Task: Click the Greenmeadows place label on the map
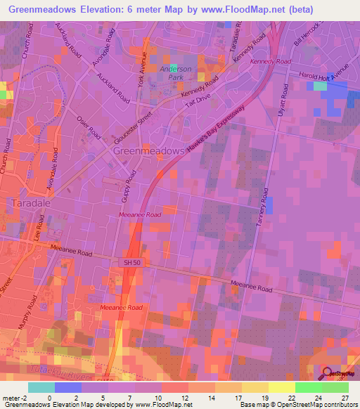coord(148,151)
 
